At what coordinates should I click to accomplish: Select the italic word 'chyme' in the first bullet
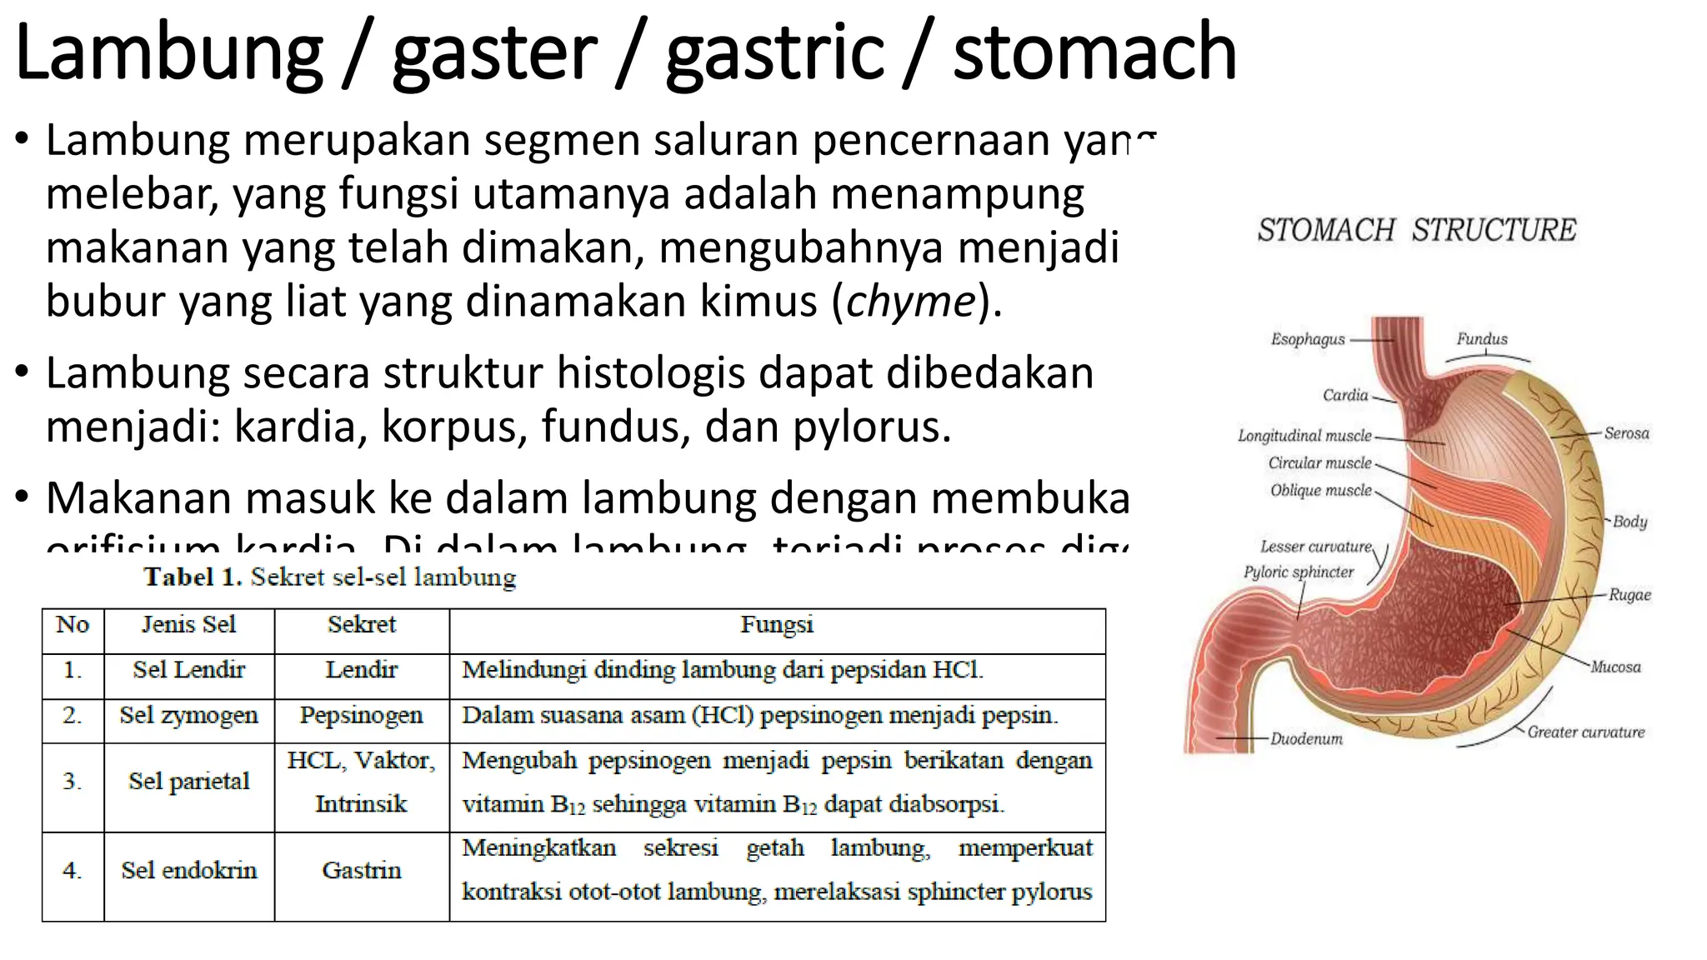pyautogui.click(x=910, y=301)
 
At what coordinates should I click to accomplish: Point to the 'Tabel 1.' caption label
pyautogui.click(x=193, y=577)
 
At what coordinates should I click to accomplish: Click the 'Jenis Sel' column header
pyautogui.click(x=189, y=625)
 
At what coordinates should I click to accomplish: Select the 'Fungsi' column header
pyautogui.click(x=777, y=625)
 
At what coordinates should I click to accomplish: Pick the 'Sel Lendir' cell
pyautogui.click(x=189, y=670)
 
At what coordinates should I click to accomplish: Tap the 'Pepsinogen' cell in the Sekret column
pyautogui.click(x=361, y=715)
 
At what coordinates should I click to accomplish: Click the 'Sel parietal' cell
pyautogui.click(x=189, y=782)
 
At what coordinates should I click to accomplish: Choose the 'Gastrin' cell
pyautogui.click(x=361, y=871)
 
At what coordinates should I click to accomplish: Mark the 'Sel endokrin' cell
pyautogui.click(x=189, y=871)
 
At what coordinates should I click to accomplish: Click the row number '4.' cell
pyautogui.click(x=73, y=871)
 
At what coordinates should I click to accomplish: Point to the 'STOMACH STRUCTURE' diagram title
pyautogui.click(x=1417, y=230)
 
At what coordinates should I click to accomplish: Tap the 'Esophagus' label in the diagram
pyautogui.click(x=1308, y=339)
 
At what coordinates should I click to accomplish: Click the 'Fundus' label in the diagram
pyautogui.click(x=1482, y=339)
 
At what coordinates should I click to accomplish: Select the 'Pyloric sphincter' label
pyautogui.click(x=1299, y=572)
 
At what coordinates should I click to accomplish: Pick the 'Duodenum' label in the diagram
pyautogui.click(x=1306, y=739)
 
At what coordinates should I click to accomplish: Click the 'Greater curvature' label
pyautogui.click(x=1585, y=732)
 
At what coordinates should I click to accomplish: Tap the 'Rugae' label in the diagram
pyautogui.click(x=1629, y=595)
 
